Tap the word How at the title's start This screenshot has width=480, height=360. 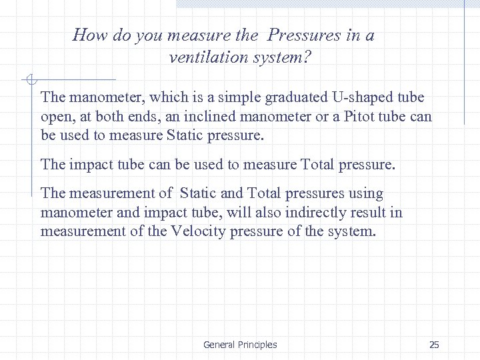(87, 35)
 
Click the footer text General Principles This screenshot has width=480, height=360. (240, 345)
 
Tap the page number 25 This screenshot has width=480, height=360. (434, 345)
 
